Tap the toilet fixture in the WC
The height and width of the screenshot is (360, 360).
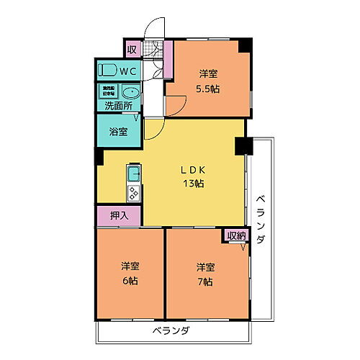point(108,71)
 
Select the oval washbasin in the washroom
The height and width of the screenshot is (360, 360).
point(130,93)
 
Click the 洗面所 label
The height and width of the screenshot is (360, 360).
point(118,106)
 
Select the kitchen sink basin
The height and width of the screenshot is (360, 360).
point(135,174)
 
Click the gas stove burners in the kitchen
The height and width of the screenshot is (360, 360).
point(135,192)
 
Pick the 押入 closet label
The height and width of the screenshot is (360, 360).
point(118,215)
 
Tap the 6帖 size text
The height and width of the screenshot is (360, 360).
point(130,281)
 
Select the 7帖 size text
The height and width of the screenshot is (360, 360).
point(205,281)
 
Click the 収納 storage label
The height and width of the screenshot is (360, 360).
point(236,235)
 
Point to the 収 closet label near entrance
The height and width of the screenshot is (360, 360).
point(132,49)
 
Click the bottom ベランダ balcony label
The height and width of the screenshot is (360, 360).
point(170,331)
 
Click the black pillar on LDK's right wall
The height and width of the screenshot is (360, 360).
point(241,145)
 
